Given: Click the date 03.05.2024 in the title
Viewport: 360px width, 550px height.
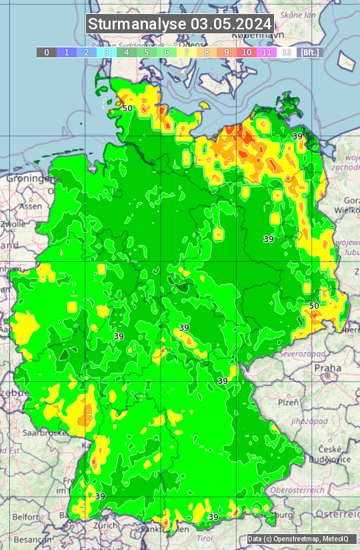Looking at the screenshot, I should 231,24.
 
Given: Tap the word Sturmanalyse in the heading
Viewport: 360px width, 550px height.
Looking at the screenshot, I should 137,24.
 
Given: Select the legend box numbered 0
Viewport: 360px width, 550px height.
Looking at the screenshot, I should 47,52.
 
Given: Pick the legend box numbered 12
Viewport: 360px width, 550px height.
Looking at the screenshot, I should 287,52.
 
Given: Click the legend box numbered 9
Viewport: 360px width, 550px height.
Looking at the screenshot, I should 227,52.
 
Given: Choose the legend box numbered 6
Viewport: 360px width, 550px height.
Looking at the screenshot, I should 167,52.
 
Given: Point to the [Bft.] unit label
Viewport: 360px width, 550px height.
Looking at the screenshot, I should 309,52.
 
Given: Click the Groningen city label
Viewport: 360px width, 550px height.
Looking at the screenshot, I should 28,179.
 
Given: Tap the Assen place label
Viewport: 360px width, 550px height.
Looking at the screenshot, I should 30,207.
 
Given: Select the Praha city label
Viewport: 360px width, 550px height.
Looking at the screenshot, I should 327,367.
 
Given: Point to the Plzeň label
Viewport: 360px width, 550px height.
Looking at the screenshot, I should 287,403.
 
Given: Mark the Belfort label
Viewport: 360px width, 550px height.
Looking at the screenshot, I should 26,517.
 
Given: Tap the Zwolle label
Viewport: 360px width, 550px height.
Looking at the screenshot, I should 13,225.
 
